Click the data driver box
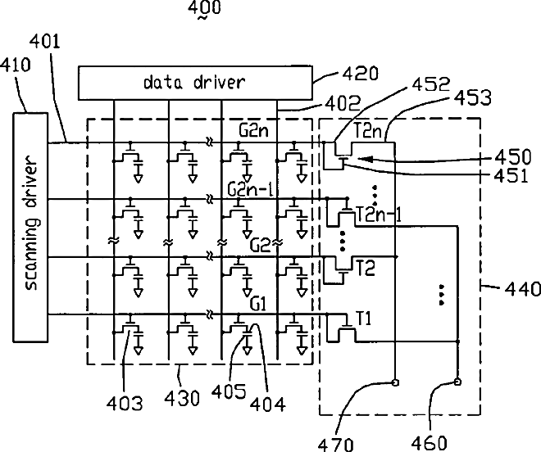pyautogui.click(x=195, y=83)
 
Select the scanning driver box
pyautogui.click(x=30, y=227)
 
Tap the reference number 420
pyautogui.click(x=360, y=74)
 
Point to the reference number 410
pyautogui.click(x=16, y=65)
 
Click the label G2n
pyautogui.click(x=253, y=130)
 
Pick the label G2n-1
pyautogui.click(x=251, y=190)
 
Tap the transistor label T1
pyautogui.click(x=363, y=319)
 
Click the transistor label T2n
pyautogui.click(x=368, y=131)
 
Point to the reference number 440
pyautogui.click(x=522, y=288)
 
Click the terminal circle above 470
pyautogui.click(x=396, y=382)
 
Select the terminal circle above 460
pyautogui.click(x=458, y=382)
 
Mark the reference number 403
pyautogui.click(x=125, y=403)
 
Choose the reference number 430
pyautogui.click(x=182, y=399)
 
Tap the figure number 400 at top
pyautogui.click(x=204, y=8)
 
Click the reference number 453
pyautogui.click(x=472, y=98)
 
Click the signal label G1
pyautogui.click(x=258, y=305)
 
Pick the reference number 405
pyautogui.click(x=229, y=391)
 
